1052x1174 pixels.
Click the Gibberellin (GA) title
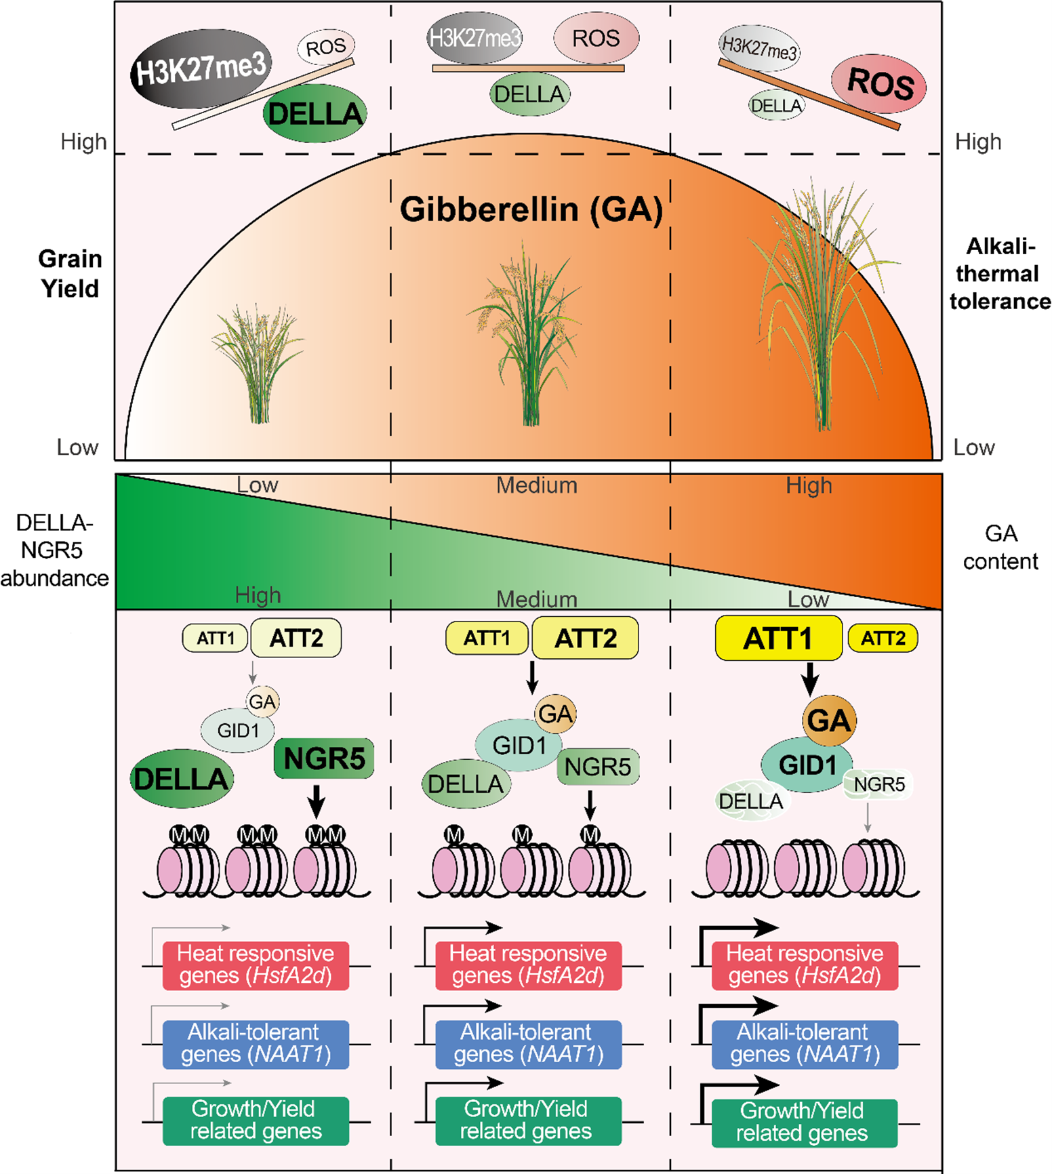(x=531, y=209)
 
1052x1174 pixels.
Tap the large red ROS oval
(x=879, y=83)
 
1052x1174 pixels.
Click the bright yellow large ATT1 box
(x=778, y=639)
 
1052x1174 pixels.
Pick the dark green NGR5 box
(x=324, y=758)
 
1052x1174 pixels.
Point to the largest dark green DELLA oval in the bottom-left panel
(x=181, y=779)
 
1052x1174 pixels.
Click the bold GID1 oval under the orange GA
(x=807, y=765)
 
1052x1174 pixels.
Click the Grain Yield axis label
(x=70, y=273)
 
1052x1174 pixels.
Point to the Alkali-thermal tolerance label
(x=999, y=273)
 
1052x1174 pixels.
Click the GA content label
(x=1000, y=547)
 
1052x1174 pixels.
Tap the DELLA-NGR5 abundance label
(x=54, y=550)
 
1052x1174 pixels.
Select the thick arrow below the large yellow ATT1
(x=810, y=679)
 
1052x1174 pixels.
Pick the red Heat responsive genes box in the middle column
(x=528, y=965)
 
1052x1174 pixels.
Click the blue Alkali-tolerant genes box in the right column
(x=805, y=1044)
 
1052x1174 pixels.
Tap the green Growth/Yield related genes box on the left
(x=256, y=1120)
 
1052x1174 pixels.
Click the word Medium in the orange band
(x=536, y=485)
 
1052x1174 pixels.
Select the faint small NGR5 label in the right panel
(x=879, y=784)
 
